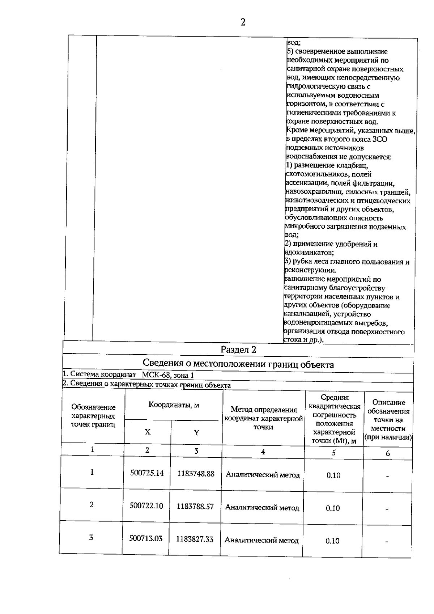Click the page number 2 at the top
[x=243, y=22]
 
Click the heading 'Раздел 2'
[x=238, y=350]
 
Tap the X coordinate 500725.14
[x=147, y=473]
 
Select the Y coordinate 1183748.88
[x=196, y=474]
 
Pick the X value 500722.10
[x=146, y=505]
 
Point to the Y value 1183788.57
[x=195, y=506]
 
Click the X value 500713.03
[x=146, y=538]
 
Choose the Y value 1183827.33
[x=195, y=539]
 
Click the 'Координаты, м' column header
[x=174, y=405]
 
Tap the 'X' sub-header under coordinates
[x=148, y=432]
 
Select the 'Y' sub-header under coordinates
[x=196, y=433]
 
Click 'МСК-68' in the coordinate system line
[x=153, y=375]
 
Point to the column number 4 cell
[x=263, y=452]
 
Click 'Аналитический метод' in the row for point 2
[x=262, y=508]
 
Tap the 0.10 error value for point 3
[x=332, y=541]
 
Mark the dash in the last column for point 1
[x=387, y=477]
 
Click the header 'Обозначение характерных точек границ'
[x=93, y=416]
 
